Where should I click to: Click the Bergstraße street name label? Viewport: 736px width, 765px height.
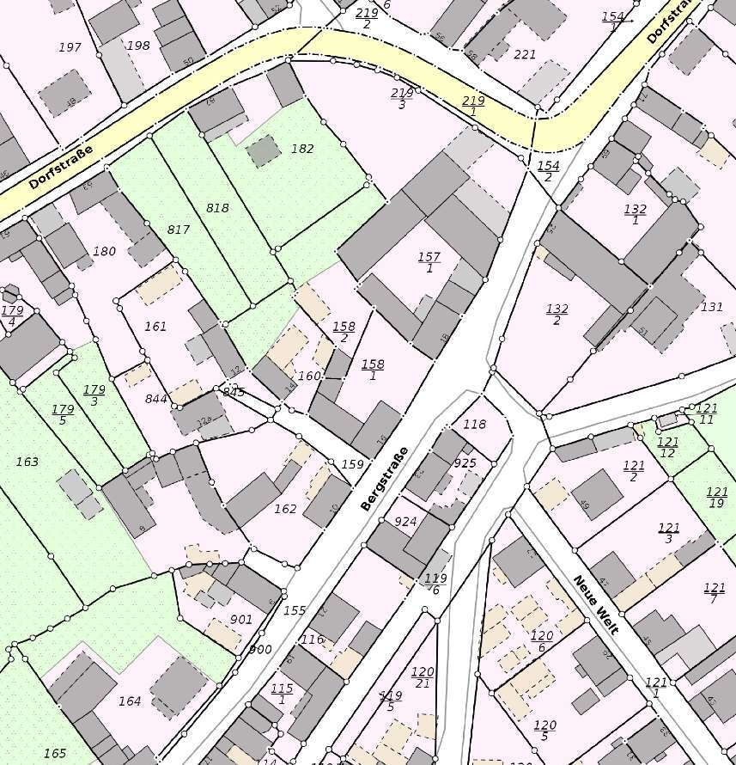click(383, 479)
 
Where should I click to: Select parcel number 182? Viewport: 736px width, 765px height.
click(302, 149)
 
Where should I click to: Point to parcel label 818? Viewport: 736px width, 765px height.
click(218, 208)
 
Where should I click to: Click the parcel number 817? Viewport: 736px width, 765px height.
click(178, 229)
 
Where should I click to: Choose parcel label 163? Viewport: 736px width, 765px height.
click(27, 462)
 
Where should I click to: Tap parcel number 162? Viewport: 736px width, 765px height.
click(285, 510)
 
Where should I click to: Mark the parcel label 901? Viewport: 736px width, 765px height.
click(241, 620)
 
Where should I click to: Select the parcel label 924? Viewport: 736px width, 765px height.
click(405, 522)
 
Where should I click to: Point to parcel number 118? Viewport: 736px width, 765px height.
click(474, 425)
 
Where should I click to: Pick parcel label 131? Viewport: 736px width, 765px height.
click(712, 307)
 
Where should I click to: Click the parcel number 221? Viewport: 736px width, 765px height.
click(524, 55)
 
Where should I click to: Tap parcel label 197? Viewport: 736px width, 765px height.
click(70, 47)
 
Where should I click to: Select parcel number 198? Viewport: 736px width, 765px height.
click(137, 46)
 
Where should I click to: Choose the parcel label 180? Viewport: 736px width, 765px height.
click(104, 252)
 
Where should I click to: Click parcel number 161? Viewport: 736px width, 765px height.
click(155, 327)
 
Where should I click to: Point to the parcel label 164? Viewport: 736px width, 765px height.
click(130, 701)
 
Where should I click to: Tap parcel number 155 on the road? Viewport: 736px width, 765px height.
click(295, 610)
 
